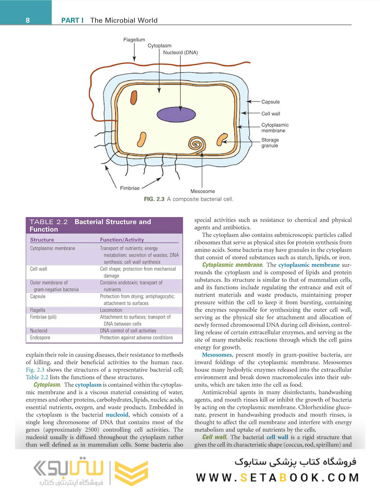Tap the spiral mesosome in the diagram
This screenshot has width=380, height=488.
197,145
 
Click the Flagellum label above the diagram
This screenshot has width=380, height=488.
134,40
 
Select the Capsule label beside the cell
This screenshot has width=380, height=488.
271,102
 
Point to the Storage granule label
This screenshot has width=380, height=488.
270,143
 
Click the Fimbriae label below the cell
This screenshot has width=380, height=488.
130,187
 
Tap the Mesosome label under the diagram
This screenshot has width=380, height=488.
202,192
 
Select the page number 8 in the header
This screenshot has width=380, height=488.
28,20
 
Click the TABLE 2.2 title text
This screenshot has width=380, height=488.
48,222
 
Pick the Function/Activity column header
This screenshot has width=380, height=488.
122,240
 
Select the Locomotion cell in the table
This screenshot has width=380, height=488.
111,310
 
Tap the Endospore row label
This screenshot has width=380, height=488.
40,338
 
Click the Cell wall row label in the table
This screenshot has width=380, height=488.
38,269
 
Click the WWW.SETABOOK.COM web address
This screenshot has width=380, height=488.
278,478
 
